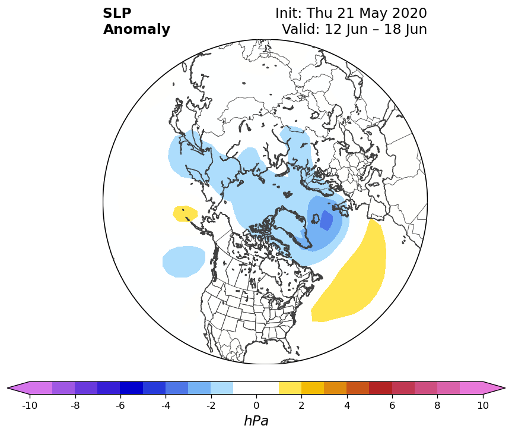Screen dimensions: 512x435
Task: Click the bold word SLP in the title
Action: tap(117, 14)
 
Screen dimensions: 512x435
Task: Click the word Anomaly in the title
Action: tap(136, 30)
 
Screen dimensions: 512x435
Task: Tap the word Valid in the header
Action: tap(300, 30)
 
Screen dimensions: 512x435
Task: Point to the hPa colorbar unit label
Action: tap(256, 421)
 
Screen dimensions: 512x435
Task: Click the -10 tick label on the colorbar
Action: tap(30, 405)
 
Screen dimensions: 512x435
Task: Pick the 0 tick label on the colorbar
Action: tap(256, 405)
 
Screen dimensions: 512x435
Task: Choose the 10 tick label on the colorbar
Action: tap(483, 405)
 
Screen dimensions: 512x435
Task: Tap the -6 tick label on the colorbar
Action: tap(120, 405)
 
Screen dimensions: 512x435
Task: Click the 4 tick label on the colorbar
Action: tap(347, 405)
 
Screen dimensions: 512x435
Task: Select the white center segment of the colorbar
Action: tap(256, 388)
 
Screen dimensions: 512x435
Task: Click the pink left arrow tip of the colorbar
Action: tap(8, 388)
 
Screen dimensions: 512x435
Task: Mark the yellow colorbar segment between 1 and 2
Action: tap(290, 388)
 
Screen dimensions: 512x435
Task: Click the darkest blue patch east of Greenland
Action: tap(326, 220)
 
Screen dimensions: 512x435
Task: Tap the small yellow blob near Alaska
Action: tap(185, 213)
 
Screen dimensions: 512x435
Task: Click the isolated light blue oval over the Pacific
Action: tap(184, 261)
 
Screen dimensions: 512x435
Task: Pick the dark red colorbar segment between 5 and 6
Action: tap(380, 388)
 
